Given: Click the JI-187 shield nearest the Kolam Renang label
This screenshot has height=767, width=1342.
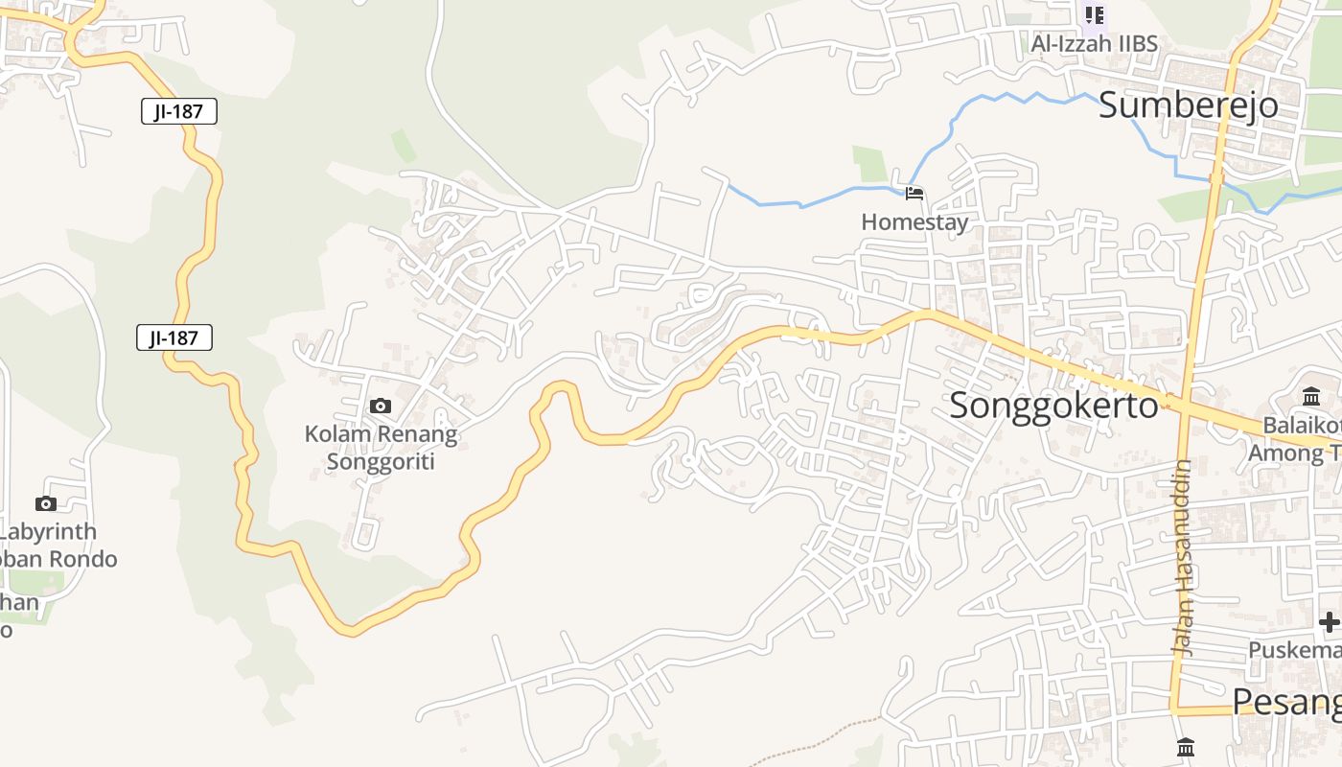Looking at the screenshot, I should [x=174, y=337].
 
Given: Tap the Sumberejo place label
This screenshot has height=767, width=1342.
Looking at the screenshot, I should [x=1188, y=105].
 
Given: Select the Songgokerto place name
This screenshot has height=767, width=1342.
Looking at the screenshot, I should [x=1053, y=406].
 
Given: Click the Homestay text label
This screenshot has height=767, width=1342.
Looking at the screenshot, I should [x=914, y=222].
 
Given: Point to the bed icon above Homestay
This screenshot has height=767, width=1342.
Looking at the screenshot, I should [x=914, y=194].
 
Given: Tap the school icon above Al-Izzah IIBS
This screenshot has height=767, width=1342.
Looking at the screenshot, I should [x=1094, y=14].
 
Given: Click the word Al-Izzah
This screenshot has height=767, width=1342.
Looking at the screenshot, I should [x=1072, y=43].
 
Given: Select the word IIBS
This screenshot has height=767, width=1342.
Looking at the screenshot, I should [x=1137, y=43].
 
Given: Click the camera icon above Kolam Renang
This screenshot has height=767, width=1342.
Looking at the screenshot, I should [x=381, y=407].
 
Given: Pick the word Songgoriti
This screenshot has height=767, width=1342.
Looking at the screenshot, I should [x=381, y=462].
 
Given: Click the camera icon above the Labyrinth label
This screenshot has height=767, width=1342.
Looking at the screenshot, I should [x=45, y=504].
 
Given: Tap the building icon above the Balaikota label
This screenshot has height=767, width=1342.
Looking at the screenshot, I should [x=1311, y=396].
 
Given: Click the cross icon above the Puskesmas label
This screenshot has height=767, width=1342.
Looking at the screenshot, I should [x=1329, y=622].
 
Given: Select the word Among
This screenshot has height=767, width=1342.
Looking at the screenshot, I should [x=1283, y=453].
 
